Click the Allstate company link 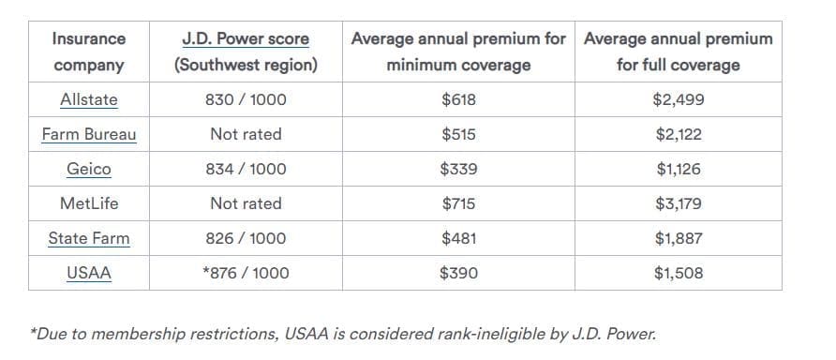click(x=88, y=99)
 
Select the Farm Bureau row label click(x=88, y=134)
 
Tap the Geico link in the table click(x=88, y=169)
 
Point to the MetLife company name click(x=88, y=203)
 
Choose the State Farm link click(x=88, y=238)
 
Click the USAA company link click(x=88, y=273)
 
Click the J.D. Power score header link click(x=246, y=39)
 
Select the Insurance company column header click(x=88, y=52)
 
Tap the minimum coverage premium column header click(x=458, y=52)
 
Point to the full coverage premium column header click(x=679, y=52)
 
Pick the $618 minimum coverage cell click(x=458, y=99)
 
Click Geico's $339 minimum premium click(x=458, y=169)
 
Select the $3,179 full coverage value click(x=679, y=203)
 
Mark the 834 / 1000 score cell click(x=246, y=169)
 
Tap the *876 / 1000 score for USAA click(x=246, y=273)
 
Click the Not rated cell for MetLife click(x=246, y=203)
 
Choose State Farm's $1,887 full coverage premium click(x=679, y=238)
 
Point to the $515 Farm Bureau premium click(x=458, y=134)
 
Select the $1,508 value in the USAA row click(x=679, y=273)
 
